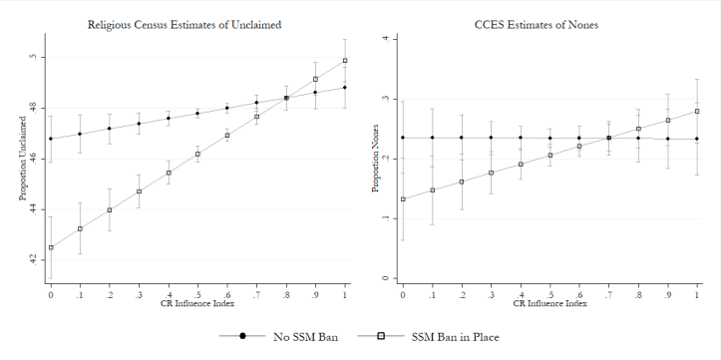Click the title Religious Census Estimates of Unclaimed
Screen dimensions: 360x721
[197, 23]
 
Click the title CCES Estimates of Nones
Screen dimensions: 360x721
[550, 23]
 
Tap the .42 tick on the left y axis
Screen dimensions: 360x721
[35, 258]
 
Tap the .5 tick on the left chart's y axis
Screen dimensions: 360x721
[35, 57]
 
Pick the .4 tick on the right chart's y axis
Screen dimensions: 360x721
[387, 39]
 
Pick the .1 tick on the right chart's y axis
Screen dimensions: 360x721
[387, 218]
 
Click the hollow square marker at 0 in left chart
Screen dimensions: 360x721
[50, 248]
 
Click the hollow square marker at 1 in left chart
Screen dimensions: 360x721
[345, 61]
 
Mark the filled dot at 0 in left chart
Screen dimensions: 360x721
[50, 139]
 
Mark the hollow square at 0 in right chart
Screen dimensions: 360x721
[403, 198]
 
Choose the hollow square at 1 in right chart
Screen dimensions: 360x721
[697, 111]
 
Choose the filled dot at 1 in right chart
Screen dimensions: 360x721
[697, 139]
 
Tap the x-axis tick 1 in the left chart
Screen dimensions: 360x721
[345, 294]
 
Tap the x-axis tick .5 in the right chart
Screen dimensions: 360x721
[550, 294]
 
